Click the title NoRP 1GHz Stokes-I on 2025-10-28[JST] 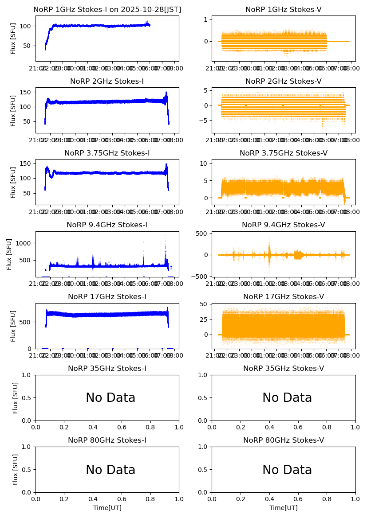pyautogui.click(x=107, y=10)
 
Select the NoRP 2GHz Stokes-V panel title pyautogui.click(x=283, y=82)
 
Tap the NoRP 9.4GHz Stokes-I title pyautogui.click(x=107, y=225)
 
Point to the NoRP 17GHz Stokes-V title pyautogui.click(x=283, y=297)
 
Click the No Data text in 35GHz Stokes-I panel pyautogui.click(x=110, y=398)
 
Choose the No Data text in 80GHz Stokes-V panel pyautogui.click(x=287, y=470)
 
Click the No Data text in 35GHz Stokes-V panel pyautogui.click(x=287, y=398)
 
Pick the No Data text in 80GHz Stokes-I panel pyautogui.click(x=110, y=470)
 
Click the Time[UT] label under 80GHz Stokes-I pyautogui.click(x=107, y=508)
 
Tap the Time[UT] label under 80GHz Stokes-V pyautogui.click(x=283, y=508)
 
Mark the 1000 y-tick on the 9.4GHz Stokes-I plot pyautogui.click(x=25, y=243)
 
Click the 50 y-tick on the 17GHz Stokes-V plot pyautogui.click(x=204, y=304)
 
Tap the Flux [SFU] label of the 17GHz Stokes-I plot pyautogui.click(x=13, y=326)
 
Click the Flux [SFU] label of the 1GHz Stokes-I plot pyautogui.click(x=13, y=39)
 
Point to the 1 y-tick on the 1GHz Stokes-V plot pyautogui.click(x=206, y=19)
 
